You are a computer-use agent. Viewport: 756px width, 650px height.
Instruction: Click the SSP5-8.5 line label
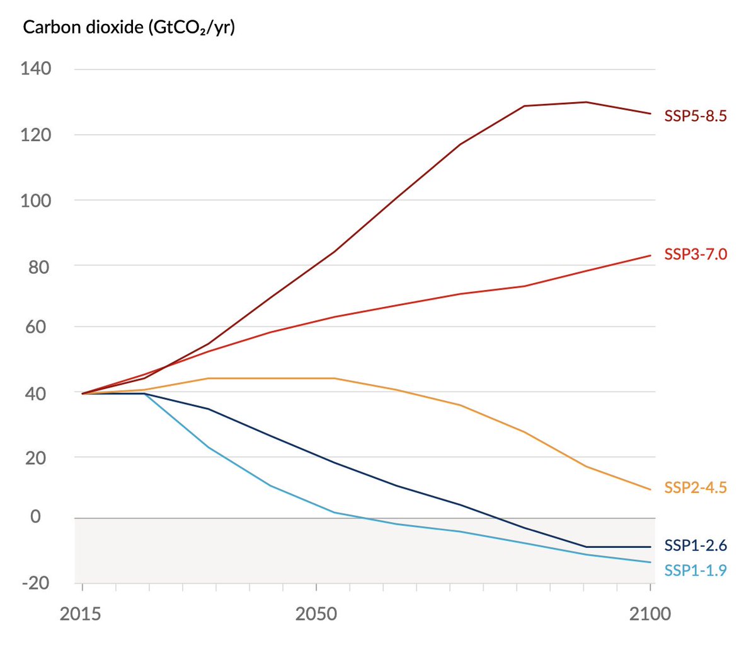[x=696, y=116]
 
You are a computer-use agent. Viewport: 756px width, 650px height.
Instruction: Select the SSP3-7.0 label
[x=696, y=254]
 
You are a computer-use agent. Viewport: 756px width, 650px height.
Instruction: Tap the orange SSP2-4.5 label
[x=696, y=487]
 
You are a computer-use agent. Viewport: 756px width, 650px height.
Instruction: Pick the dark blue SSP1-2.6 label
[x=696, y=545]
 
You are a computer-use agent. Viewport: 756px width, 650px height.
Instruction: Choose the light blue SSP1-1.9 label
[x=696, y=571]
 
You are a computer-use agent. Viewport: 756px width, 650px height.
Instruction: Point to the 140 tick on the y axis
[x=36, y=68]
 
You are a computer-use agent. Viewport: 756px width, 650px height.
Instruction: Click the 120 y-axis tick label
[x=36, y=134]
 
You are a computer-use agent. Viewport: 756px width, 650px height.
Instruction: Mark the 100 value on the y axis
[x=36, y=200]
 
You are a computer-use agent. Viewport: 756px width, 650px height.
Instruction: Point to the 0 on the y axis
[x=35, y=516]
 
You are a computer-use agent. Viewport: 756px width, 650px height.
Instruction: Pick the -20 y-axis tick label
[x=35, y=582]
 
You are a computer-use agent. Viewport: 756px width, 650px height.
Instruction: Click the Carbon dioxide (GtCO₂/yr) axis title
[x=129, y=28]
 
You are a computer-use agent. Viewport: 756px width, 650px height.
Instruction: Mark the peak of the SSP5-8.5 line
[x=585, y=102]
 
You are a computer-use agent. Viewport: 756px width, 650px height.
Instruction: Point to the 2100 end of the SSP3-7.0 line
[x=650, y=255]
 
